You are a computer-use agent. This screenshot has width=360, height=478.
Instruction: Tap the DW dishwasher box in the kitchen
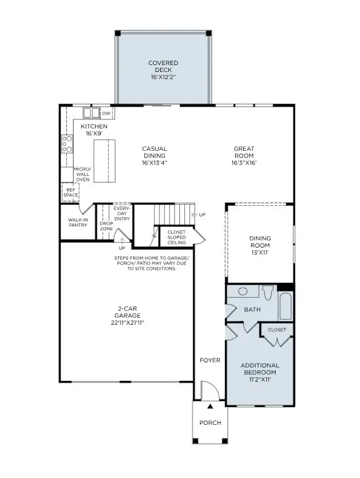(106, 113)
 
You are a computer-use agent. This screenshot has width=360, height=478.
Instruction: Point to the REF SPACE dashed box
(71, 192)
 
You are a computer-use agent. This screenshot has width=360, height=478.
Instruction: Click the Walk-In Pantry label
(78, 222)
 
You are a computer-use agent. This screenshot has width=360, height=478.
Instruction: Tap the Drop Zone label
(106, 226)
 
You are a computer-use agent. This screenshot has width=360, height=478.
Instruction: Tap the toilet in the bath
(268, 293)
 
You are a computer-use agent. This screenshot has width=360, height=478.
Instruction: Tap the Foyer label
(209, 360)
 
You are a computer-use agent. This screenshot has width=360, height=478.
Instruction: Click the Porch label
(210, 422)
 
